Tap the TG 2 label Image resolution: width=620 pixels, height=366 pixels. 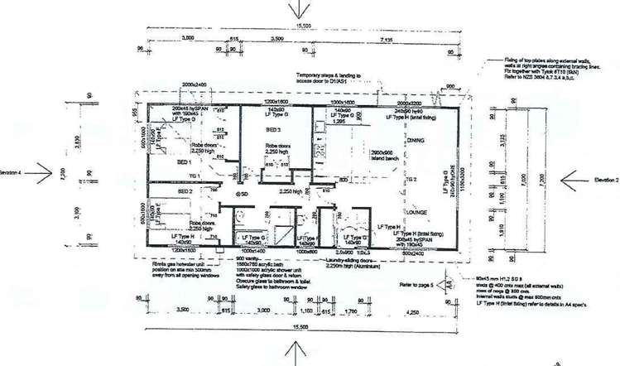(409, 179)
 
